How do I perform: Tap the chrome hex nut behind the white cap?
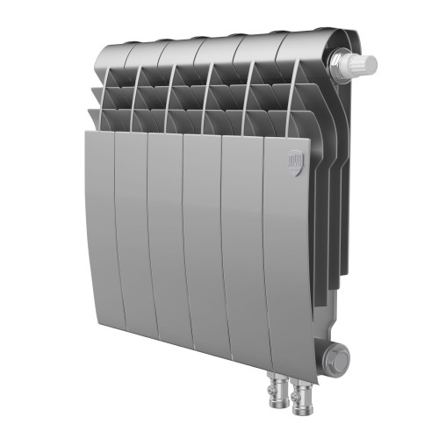point(337,62)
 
